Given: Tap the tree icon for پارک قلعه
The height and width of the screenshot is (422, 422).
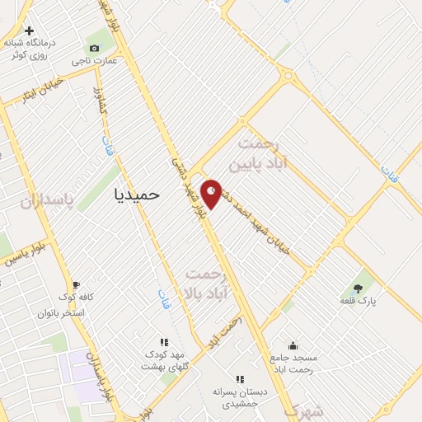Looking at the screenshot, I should (358, 288).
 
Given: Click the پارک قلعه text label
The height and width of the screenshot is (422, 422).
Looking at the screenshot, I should (359, 301).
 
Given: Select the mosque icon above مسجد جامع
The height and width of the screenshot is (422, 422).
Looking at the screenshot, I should (293, 346).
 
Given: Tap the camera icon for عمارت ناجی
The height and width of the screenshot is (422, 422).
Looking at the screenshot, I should (94, 49).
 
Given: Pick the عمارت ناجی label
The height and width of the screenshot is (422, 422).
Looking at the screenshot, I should (93, 61).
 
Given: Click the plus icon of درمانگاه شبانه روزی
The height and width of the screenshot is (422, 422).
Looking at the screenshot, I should (30, 30).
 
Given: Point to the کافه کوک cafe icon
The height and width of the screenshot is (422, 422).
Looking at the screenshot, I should (76, 284).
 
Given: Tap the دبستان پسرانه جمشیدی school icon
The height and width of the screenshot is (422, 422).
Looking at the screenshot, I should (239, 379).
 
